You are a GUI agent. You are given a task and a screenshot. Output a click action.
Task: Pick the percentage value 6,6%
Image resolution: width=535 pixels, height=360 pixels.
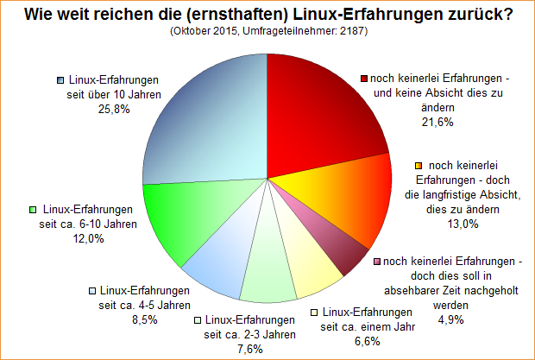pyautogui.click(x=368, y=342)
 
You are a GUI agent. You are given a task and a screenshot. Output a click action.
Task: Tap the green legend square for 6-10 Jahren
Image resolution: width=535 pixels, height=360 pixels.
pyautogui.click(x=33, y=210)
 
